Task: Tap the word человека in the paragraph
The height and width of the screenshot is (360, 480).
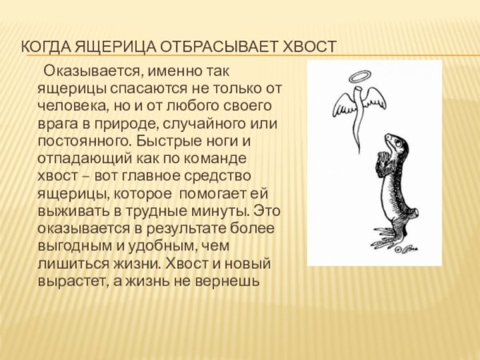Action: coord(70,106)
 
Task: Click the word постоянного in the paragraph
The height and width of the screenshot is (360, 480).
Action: coord(78,141)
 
